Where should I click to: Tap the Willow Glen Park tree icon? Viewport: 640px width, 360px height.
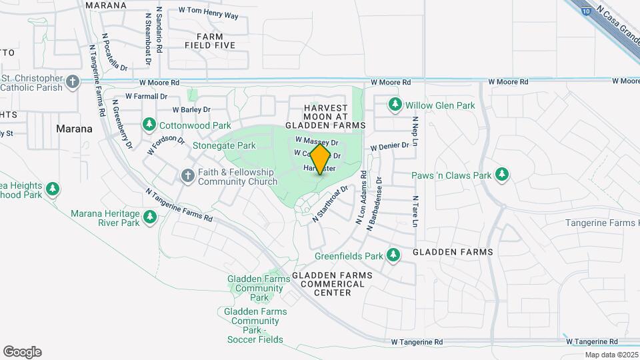(396, 105)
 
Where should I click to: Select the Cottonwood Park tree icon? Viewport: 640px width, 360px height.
(149, 125)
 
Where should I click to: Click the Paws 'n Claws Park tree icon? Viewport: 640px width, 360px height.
(501, 175)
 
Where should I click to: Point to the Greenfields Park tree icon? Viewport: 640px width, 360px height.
(393, 255)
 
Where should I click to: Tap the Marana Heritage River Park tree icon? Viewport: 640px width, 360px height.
(150, 217)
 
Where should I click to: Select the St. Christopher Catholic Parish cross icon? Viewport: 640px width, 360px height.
(73, 83)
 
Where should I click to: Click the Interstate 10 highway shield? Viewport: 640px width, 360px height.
(585, 11)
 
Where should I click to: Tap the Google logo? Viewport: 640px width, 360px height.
(22, 352)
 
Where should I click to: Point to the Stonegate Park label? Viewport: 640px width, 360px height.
(224, 145)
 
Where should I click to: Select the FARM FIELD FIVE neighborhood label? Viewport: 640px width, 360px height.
(211, 40)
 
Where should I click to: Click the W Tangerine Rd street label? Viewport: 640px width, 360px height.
(417, 342)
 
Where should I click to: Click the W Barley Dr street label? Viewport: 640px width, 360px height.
(191, 109)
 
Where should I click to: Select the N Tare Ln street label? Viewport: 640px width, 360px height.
(415, 211)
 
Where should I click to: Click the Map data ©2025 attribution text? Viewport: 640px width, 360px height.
(610, 355)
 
